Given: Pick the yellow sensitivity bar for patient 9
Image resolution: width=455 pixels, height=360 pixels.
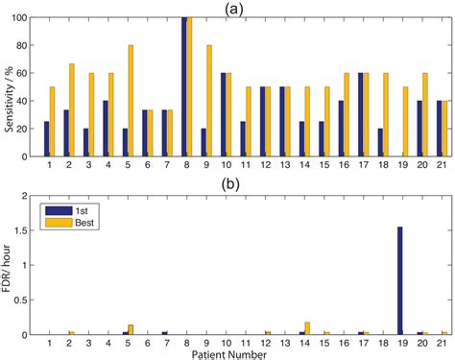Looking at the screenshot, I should pyautogui.click(x=208, y=101).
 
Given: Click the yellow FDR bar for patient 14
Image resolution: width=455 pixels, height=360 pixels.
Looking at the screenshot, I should pyautogui.click(x=307, y=329).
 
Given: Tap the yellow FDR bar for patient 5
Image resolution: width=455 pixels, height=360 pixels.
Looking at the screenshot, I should pyautogui.click(x=131, y=330).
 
